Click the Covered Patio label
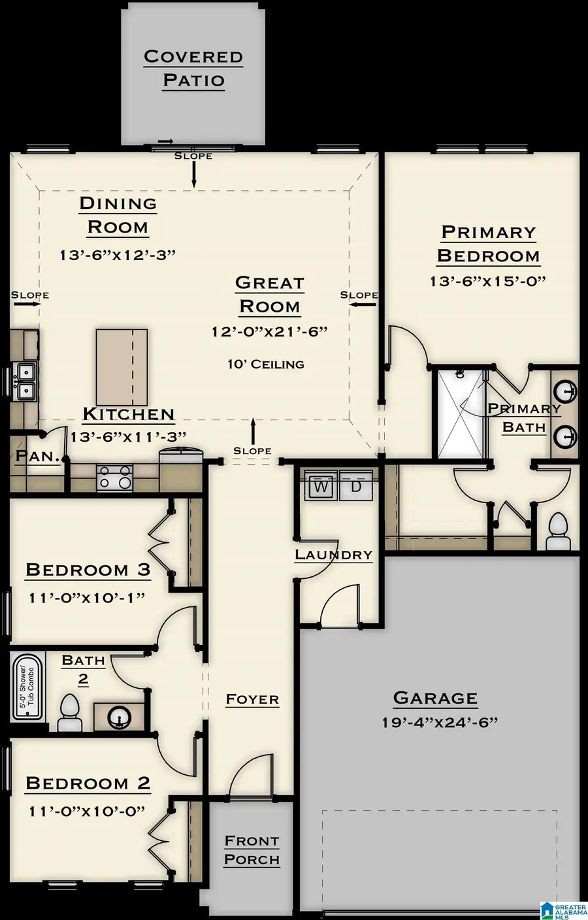[193, 68]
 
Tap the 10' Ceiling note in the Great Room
[266, 364]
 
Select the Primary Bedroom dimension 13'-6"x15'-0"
[487, 281]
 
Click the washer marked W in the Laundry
[321, 487]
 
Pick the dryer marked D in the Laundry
[356, 487]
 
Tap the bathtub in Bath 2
[27, 687]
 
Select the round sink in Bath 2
[120, 717]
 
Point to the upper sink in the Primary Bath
[564, 391]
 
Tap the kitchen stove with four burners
[115, 478]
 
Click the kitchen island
[122, 367]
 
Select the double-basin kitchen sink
[25, 382]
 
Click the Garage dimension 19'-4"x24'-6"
[440, 722]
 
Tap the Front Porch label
[252, 850]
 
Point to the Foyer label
[252, 699]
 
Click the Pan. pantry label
[38, 456]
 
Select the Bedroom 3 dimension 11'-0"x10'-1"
[86, 597]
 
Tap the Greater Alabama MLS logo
[563, 908]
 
